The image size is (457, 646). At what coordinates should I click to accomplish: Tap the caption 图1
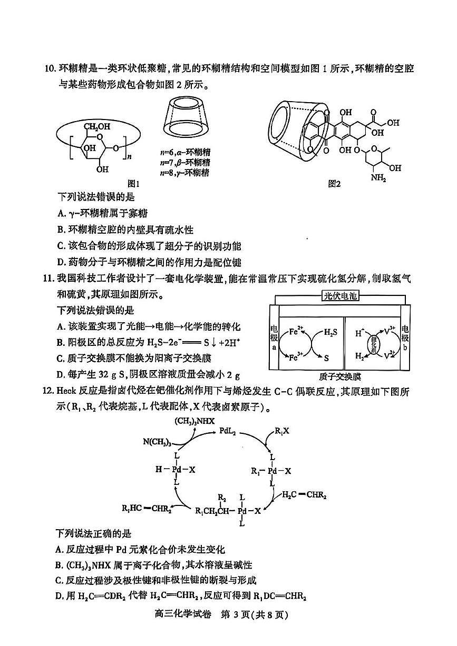pyautogui.click(x=134, y=183)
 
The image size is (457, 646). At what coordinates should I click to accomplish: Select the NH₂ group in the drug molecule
pyautogui.click(x=378, y=179)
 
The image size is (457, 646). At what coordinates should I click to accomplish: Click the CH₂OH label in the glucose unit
pyautogui.click(x=99, y=126)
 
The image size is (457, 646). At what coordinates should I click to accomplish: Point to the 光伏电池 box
pyautogui.click(x=340, y=296)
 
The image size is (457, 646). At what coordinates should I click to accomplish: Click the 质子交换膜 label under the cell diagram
pyautogui.click(x=340, y=377)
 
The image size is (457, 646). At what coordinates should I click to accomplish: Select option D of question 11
pyautogui.click(x=148, y=375)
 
